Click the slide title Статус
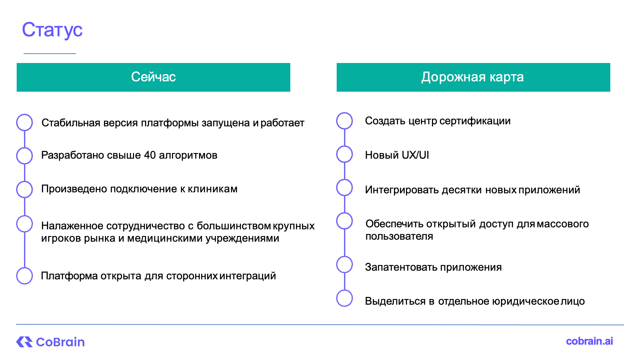(52, 30)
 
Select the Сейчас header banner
(153, 77)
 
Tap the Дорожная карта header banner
(473, 77)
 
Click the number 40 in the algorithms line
(150, 155)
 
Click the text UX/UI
(415, 155)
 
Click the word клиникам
(213, 189)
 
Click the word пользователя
(399, 236)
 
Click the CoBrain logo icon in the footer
(24, 342)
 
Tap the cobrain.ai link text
(589, 341)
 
